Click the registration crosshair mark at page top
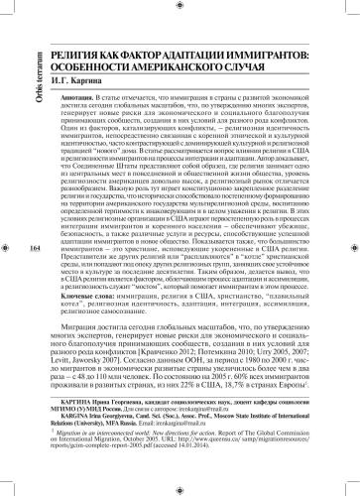click(x=180, y=6)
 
